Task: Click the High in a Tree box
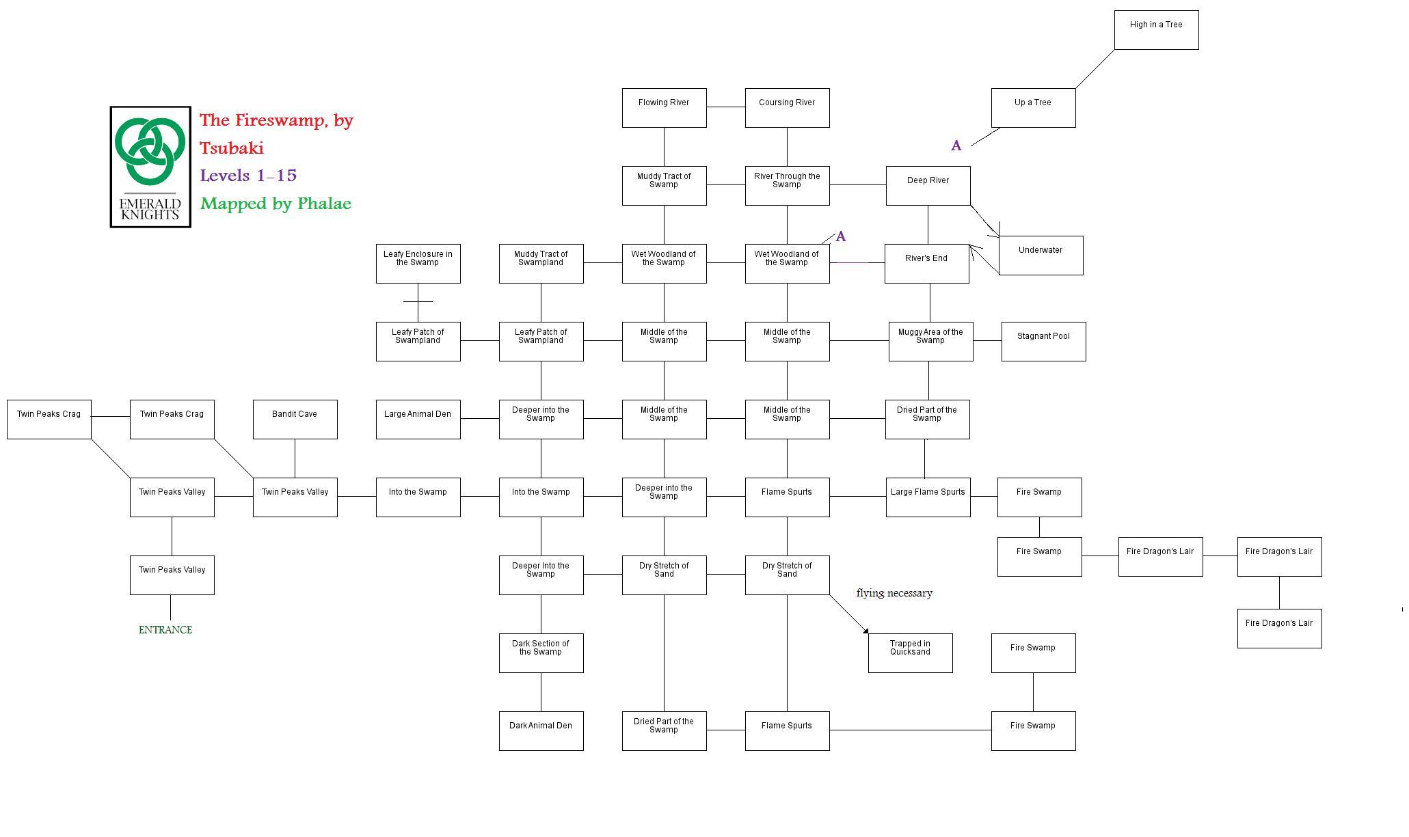(x=1156, y=30)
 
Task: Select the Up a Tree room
(x=1033, y=108)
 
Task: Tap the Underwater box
(x=1041, y=256)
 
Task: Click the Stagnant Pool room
(x=1043, y=342)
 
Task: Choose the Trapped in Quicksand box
(x=910, y=653)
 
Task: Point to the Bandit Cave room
(x=295, y=420)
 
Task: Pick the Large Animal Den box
(x=418, y=420)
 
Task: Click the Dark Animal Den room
(x=541, y=731)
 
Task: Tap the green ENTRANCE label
(x=165, y=630)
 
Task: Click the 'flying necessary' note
(x=894, y=593)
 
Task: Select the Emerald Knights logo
(x=150, y=167)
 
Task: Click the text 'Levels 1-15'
(x=248, y=176)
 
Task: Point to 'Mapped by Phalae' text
(x=276, y=204)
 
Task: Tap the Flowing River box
(x=664, y=108)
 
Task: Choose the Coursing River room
(x=787, y=108)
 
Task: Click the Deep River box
(x=928, y=186)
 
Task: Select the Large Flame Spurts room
(x=928, y=497)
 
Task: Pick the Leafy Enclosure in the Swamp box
(x=418, y=264)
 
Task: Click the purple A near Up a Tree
(x=956, y=146)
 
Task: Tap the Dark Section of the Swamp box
(x=541, y=653)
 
